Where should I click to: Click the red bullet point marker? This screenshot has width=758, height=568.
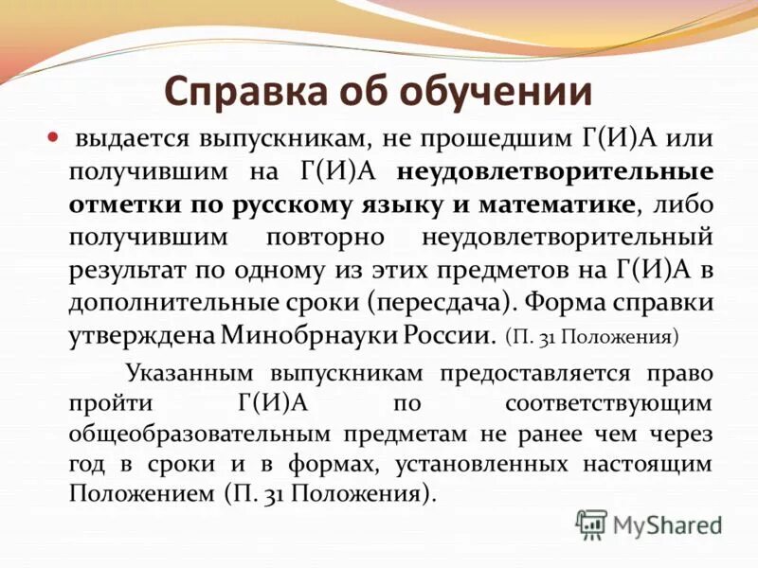[x=53, y=137]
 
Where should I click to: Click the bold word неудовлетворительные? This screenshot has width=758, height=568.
[x=555, y=171]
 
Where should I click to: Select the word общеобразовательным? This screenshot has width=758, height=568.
[x=195, y=435]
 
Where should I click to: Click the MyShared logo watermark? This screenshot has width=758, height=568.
[x=650, y=524]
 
